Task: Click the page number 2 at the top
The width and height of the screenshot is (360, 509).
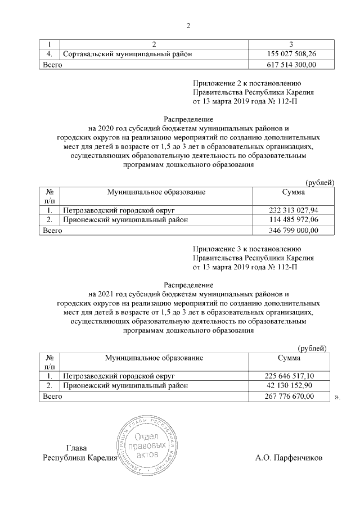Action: [188, 25]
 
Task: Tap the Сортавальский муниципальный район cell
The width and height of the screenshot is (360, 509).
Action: [128, 54]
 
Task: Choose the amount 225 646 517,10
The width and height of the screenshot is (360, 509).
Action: [289, 376]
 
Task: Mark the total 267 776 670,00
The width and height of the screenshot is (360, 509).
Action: [289, 397]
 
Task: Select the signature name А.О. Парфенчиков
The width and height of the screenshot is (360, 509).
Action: [289, 458]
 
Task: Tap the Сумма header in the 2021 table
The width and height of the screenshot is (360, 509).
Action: [289, 358]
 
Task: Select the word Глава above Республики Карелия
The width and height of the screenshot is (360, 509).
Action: [76, 448]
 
